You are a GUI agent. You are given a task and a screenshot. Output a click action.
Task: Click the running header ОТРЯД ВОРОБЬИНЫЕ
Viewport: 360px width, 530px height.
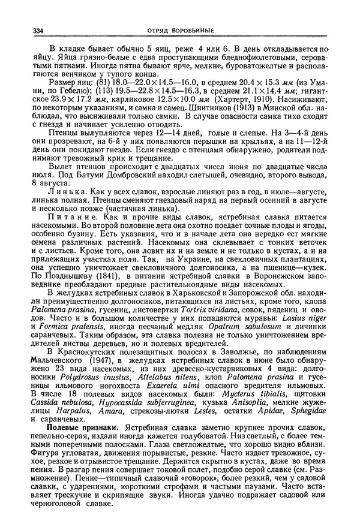(x=179, y=31)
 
